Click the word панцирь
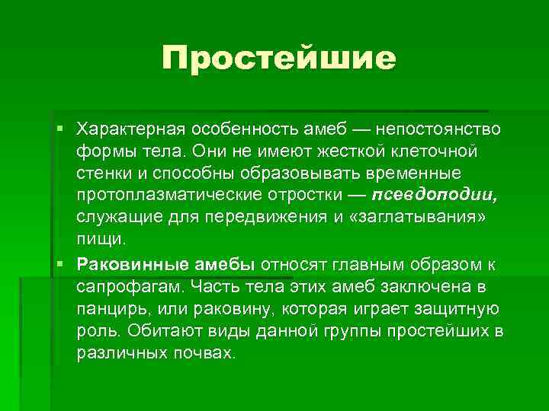pos(107,309)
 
